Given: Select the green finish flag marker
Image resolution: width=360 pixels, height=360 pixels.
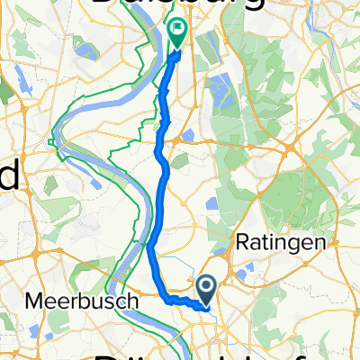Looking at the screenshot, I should [177, 33].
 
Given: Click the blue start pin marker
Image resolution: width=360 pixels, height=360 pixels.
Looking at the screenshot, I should [206, 291].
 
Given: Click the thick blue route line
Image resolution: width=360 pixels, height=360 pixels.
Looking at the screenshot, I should [162, 180].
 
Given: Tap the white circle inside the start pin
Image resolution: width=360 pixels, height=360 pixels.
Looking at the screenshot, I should [206, 287].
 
